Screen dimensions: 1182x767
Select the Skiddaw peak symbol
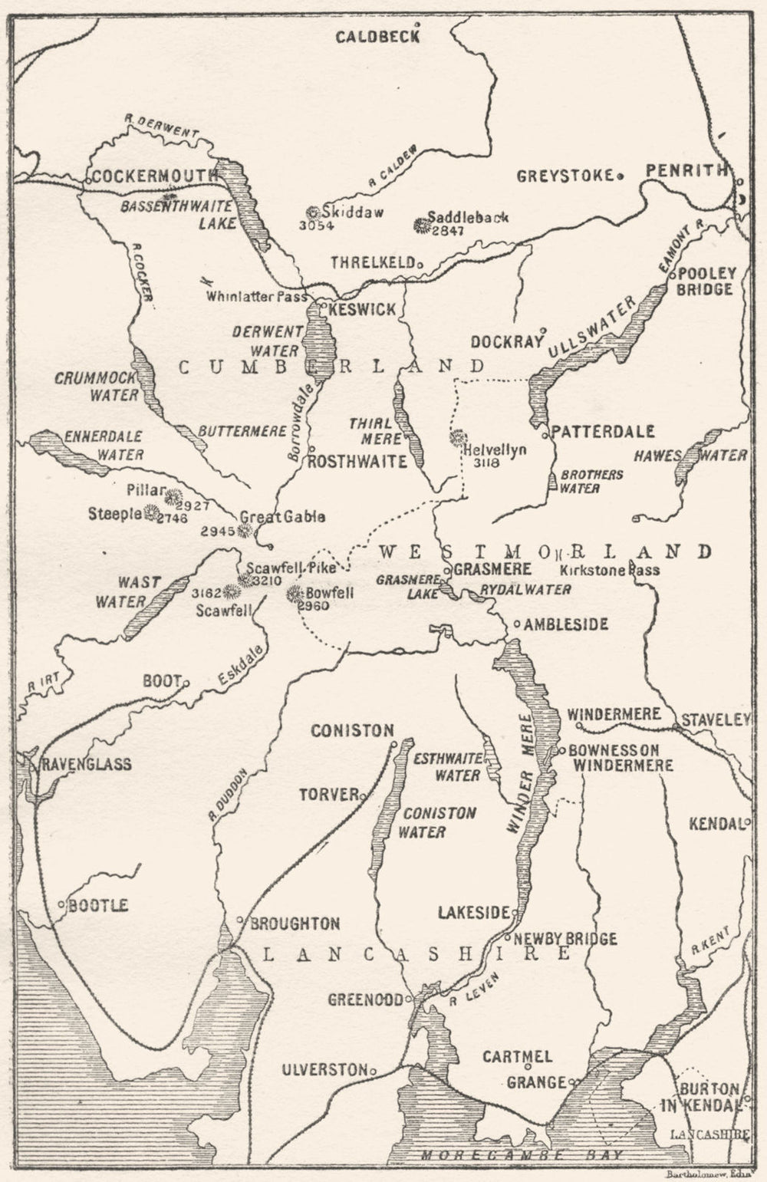(x=312, y=212)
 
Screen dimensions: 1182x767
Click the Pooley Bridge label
(x=706, y=281)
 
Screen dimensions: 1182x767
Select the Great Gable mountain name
(x=275, y=517)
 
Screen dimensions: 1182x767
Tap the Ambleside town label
(x=567, y=624)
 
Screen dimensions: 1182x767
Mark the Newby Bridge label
(x=565, y=939)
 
